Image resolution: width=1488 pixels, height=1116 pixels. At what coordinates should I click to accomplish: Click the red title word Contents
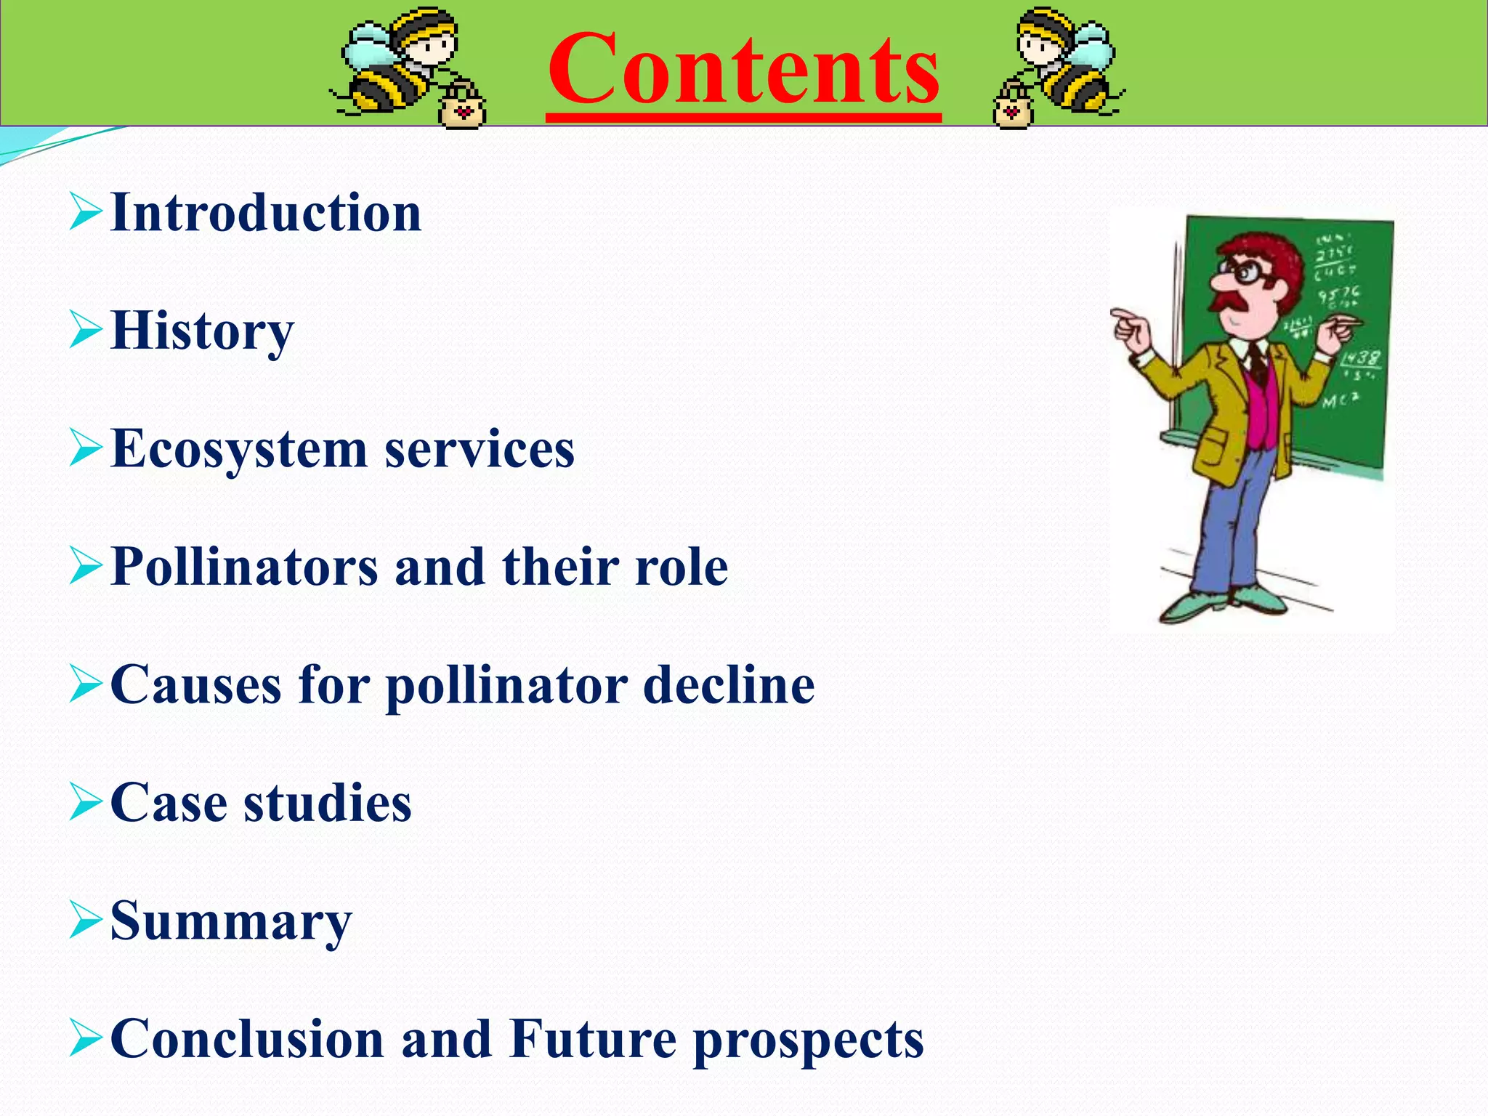[x=743, y=71]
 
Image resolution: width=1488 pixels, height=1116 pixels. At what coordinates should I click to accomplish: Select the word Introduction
[x=266, y=213]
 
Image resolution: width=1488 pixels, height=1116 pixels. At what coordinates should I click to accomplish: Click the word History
[x=202, y=331]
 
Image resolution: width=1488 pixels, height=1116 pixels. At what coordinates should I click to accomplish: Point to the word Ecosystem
[x=239, y=449]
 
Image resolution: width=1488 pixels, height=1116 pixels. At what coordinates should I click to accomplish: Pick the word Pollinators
[x=245, y=567]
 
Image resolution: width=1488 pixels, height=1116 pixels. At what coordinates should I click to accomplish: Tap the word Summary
[x=231, y=921]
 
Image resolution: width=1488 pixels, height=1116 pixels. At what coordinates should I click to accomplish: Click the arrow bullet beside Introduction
[x=85, y=214]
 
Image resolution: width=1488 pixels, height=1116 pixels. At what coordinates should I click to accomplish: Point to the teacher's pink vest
[x=1263, y=411]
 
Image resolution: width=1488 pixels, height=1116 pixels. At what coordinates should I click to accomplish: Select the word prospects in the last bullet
[x=808, y=1040]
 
